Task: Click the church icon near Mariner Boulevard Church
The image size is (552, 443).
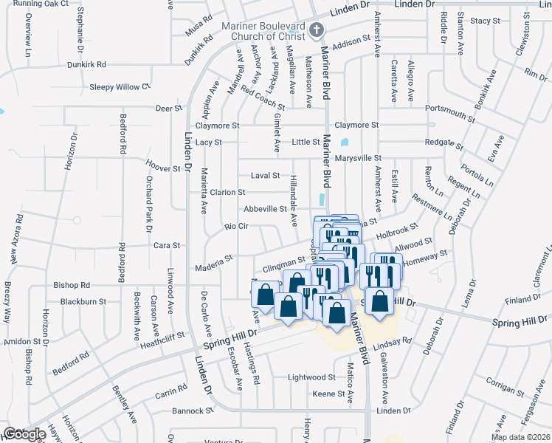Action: pyautogui.click(x=317, y=30)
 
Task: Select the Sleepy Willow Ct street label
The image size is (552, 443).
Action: pyautogui.click(x=120, y=87)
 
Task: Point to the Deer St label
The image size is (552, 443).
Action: pyautogui.click(x=169, y=109)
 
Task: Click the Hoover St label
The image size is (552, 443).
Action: pyautogui.click(x=163, y=168)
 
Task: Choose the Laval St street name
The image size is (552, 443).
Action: pyautogui.click(x=266, y=176)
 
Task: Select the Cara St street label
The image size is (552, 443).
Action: pyautogui.click(x=166, y=244)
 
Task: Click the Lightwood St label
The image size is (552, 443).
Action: pyautogui.click(x=311, y=377)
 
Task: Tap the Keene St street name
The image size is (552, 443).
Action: pyautogui.click(x=324, y=394)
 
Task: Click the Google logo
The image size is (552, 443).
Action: pyautogui.click(x=25, y=434)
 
